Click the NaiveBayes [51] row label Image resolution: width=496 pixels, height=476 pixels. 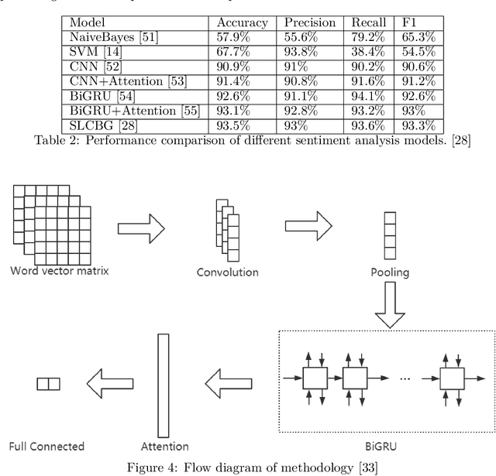(x=104, y=38)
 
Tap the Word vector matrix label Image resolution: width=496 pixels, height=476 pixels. (x=53, y=270)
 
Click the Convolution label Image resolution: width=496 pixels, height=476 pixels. (x=227, y=272)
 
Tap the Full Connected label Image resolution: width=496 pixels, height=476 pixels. (x=46, y=447)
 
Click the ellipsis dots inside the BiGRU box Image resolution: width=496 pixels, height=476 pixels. (x=409, y=380)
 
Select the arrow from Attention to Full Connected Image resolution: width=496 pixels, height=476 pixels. (x=107, y=382)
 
